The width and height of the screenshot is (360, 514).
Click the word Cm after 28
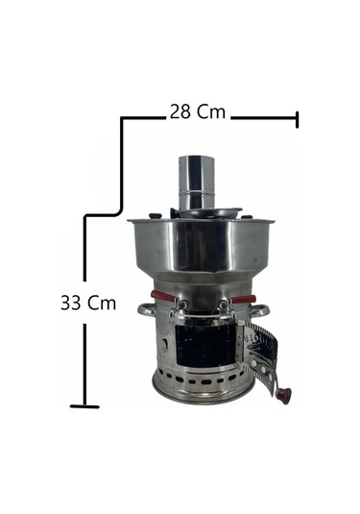(x=211, y=111)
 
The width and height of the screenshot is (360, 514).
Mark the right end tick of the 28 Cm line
(x=297, y=119)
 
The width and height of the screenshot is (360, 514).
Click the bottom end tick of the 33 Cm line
(x=84, y=405)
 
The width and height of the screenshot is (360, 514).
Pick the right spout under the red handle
(x=225, y=309)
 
